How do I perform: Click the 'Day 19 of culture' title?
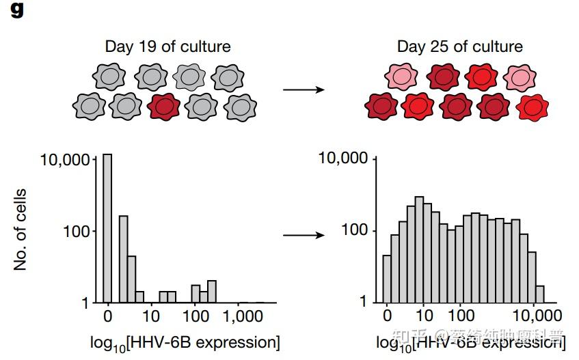tap(167, 47)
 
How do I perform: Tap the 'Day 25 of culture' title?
tap(459, 47)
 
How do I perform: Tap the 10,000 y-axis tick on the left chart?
tap(67, 160)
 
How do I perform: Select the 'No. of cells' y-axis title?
tap(21, 229)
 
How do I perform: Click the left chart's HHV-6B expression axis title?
tap(185, 342)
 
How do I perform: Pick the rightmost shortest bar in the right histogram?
tap(540, 294)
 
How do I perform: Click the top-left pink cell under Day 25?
tap(400, 77)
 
